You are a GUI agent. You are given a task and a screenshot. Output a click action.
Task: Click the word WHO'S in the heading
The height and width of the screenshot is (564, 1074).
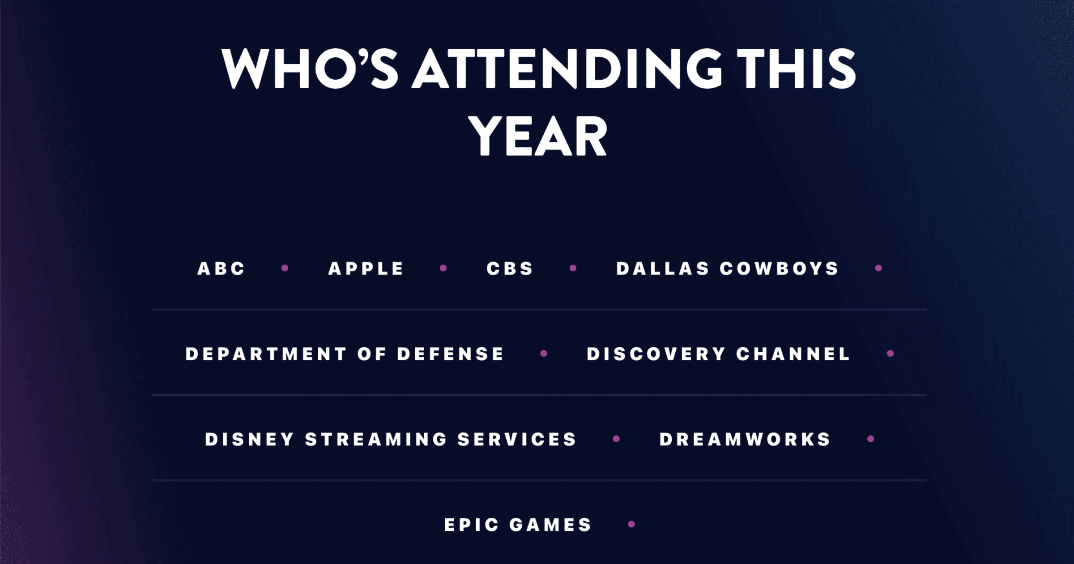point(310,68)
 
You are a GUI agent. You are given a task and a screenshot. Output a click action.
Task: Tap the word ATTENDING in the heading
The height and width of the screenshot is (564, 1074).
point(567,68)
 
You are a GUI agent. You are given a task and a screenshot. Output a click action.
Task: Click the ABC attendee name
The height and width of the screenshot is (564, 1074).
point(221,269)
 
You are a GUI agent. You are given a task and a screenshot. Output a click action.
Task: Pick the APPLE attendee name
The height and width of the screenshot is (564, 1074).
point(366,269)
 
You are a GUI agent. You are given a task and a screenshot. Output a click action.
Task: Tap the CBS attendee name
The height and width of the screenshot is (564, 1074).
point(510,269)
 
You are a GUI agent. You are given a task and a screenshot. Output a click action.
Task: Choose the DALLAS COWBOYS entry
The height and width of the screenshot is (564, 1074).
point(727,269)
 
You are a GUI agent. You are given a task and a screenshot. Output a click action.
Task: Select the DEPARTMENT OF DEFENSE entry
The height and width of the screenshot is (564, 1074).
point(345,354)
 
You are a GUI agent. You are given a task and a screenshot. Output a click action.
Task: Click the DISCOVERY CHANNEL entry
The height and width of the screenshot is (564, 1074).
point(718,354)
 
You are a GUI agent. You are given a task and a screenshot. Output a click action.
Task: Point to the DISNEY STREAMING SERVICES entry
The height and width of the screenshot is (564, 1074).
point(391,440)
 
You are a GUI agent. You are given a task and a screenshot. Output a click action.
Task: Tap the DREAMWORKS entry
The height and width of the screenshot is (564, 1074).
point(745,440)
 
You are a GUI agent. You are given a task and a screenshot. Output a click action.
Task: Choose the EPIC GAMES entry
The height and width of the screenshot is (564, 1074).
point(518,525)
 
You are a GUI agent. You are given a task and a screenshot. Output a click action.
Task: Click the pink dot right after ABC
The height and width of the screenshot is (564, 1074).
point(285,268)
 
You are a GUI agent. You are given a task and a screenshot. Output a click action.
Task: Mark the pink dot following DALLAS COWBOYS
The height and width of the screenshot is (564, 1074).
point(878,268)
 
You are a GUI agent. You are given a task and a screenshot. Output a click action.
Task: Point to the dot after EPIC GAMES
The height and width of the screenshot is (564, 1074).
point(631,524)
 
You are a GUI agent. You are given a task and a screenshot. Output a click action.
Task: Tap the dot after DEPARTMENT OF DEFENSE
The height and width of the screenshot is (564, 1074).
point(544,354)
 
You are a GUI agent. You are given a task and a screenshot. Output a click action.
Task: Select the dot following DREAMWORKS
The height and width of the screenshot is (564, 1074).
point(871,439)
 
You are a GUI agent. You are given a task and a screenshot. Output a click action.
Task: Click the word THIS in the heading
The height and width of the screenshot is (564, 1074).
point(797,68)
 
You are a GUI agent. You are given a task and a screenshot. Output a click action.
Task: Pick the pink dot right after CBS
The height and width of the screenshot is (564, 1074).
point(573,268)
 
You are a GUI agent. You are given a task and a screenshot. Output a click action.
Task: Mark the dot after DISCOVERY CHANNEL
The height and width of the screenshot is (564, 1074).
point(891,354)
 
